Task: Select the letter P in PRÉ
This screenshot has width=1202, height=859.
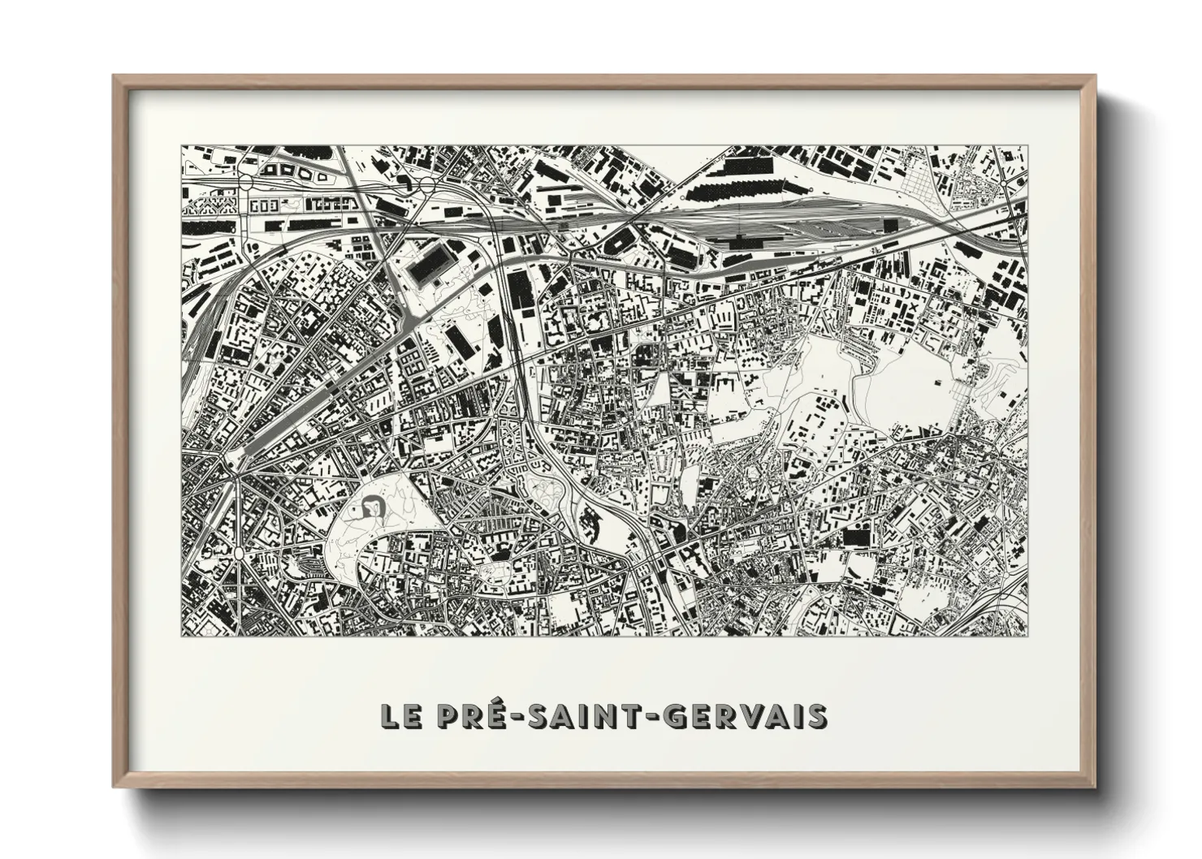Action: (x=445, y=716)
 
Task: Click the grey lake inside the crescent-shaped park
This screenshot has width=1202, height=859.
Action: (x=373, y=507)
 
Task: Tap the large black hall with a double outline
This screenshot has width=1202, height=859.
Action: (x=429, y=267)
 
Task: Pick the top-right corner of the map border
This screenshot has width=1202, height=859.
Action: (x=1026, y=146)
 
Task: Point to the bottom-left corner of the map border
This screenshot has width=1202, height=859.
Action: (x=181, y=636)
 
